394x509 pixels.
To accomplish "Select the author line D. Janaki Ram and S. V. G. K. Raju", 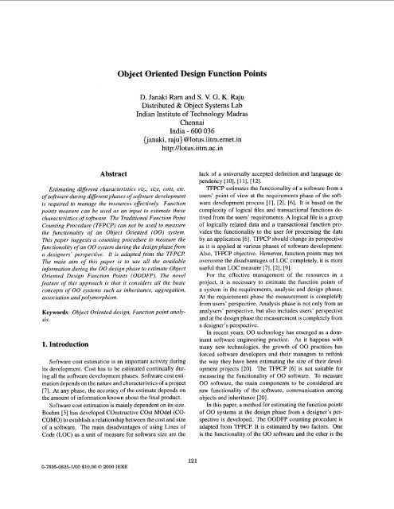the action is click(197, 84).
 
